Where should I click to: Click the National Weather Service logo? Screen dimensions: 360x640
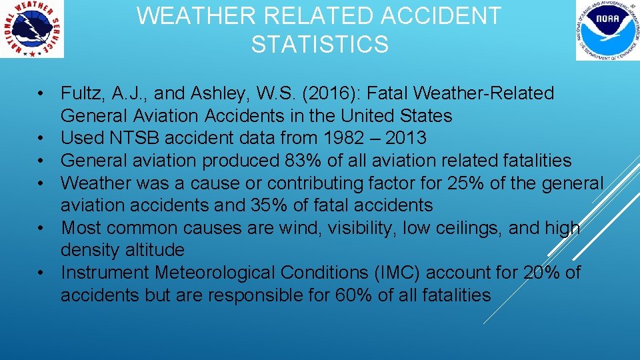[33, 29]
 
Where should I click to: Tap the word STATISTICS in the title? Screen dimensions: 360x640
[319, 45]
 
